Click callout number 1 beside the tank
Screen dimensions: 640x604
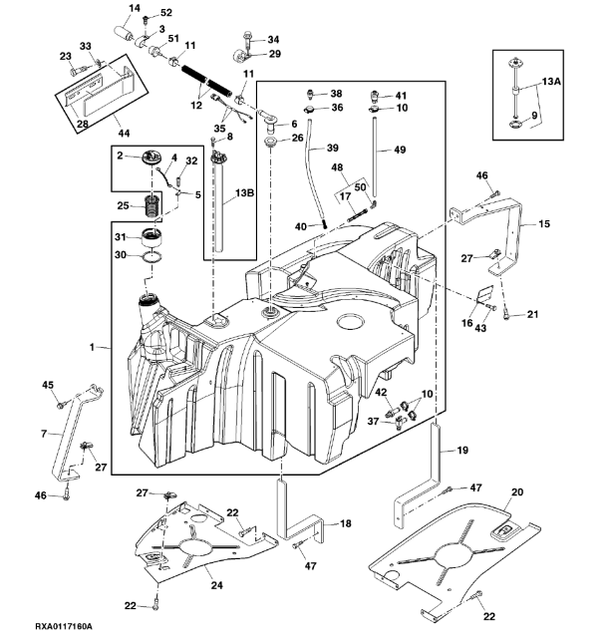pos(91,348)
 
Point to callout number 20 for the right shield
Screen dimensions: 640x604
pos(516,491)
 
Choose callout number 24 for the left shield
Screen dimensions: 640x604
pos(216,585)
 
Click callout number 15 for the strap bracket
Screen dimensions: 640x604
pos(543,225)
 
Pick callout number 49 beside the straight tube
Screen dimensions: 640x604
pos(400,150)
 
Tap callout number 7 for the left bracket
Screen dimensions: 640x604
pos(44,435)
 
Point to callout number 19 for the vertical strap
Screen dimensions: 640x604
pos(461,451)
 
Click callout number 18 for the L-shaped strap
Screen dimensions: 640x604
pos(344,523)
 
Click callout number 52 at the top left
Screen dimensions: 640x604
pos(166,13)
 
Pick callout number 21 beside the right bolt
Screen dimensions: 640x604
pos(531,315)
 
